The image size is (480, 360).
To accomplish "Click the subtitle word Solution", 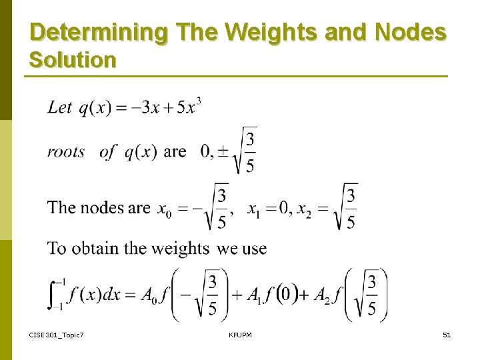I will [x=73, y=60].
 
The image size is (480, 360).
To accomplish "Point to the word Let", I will [x=59, y=107].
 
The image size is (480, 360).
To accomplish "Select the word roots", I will [x=66, y=152].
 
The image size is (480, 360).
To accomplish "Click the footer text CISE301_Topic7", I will [x=56, y=335].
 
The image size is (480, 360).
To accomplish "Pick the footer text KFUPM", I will [x=239, y=335].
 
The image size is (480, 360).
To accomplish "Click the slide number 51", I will [x=447, y=335].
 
